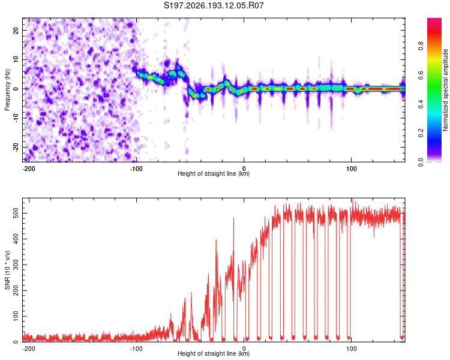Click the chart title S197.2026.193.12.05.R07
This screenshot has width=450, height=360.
tap(214, 5)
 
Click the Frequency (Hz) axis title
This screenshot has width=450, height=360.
tap(7, 90)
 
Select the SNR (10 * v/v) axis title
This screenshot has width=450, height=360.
tap(7, 270)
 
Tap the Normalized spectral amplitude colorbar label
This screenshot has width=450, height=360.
tap(445, 90)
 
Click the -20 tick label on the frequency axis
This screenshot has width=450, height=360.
tap(16, 148)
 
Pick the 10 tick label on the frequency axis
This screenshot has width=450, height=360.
tap(16, 59)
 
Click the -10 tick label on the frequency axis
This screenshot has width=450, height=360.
tap(16, 118)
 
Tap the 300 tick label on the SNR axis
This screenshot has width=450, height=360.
tap(16, 265)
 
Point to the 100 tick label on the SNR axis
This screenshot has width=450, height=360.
tap(16, 316)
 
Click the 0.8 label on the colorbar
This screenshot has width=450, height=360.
tap(421, 46)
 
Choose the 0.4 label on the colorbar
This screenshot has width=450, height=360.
tap(421, 104)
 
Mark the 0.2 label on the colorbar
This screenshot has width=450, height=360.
tap(421, 133)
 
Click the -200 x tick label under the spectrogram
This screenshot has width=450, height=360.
tap(29, 169)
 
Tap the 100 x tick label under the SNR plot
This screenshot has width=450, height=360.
tap(351, 349)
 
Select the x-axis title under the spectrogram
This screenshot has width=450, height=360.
tap(214, 173)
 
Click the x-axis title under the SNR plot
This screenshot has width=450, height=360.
tap(214, 353)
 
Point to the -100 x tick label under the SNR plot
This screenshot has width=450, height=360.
tap(136, 349)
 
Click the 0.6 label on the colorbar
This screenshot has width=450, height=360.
tap(421, 75)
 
